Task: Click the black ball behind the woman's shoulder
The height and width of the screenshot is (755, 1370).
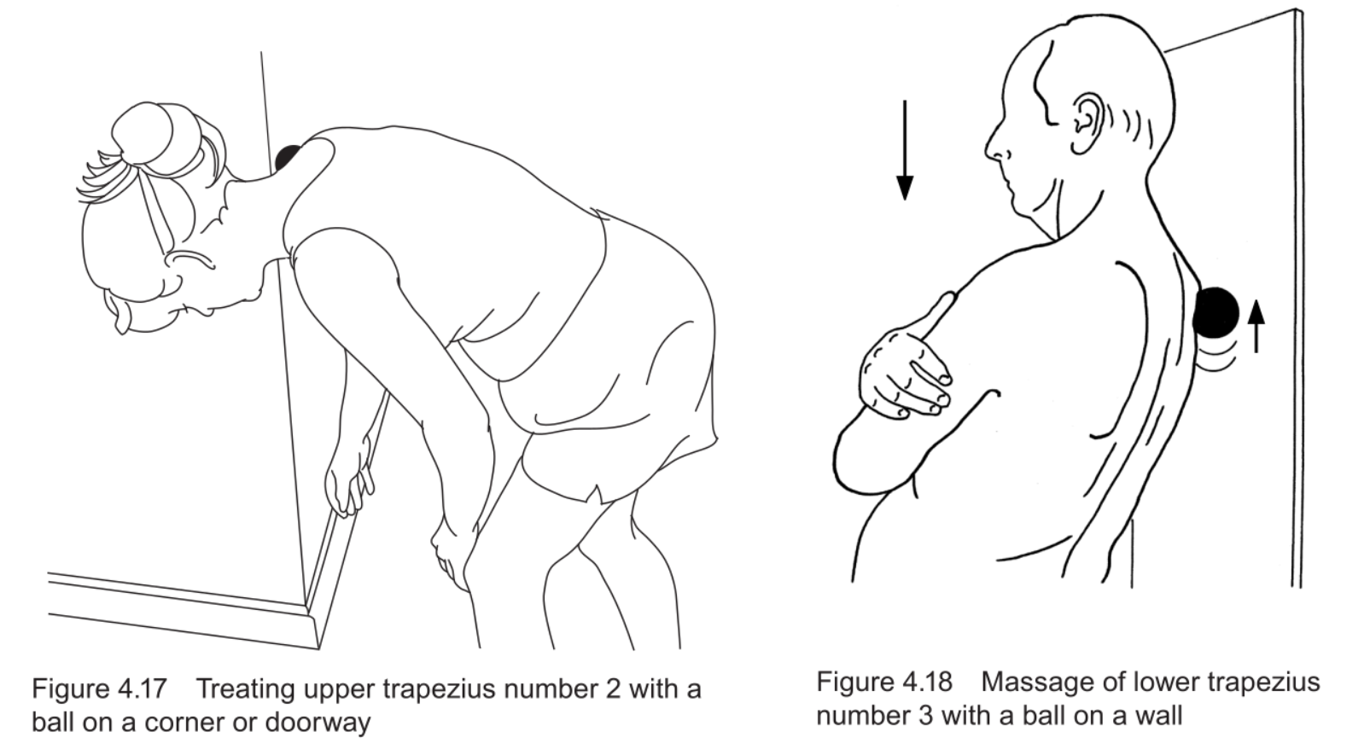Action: pyautogui.click(x=288, y=158)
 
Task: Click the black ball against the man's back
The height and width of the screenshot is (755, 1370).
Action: pyautogui.click(x=1216, y=312)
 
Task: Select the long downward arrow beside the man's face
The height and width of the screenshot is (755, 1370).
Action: pyautogui.click(x=905, y=150)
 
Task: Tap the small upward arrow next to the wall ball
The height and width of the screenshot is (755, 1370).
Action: pyautogui.click(x=1256, y=326)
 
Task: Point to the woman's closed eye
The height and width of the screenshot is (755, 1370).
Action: pyautogui.click(x=189, y=259)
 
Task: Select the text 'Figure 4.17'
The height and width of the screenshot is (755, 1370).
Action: pyautogui.click(x=99, y=689)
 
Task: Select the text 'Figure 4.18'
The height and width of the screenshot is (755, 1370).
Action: pyautogui.click(x=884, y=682)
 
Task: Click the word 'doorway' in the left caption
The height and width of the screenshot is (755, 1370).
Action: pyautogui.click(x=318, y=723)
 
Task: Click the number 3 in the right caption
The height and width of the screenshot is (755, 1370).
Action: pyautogui.click(x=926, y=715)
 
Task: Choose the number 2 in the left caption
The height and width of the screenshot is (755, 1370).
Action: pyautogui.click(x=614, y=689)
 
